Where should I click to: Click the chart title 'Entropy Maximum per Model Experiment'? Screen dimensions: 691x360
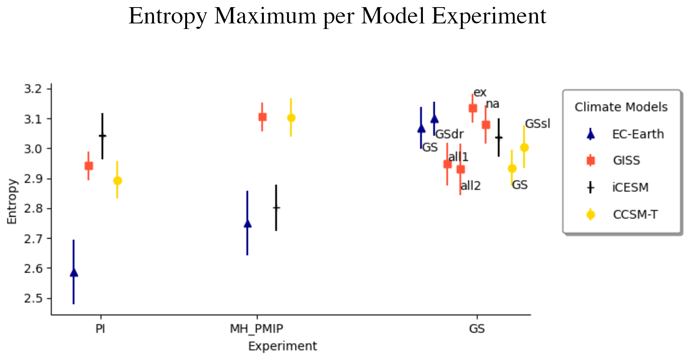pos(338,17)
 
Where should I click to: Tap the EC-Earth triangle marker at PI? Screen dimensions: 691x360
pos(74,272)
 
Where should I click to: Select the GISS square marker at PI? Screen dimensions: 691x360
pos(88,166)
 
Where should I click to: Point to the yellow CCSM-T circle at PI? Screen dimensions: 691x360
pos(117,181)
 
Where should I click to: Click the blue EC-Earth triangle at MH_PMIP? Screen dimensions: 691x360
pos(248,223)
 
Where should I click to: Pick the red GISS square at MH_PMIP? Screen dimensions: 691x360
pos(262,117)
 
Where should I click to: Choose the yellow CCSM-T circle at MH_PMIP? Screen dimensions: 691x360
pos(291,118)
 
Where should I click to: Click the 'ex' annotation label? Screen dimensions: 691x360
pos(480,92)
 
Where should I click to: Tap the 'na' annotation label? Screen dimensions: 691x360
pos(493,104)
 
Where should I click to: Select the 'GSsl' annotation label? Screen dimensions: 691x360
pos(537,124)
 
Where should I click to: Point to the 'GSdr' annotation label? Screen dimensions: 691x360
pos(449,134)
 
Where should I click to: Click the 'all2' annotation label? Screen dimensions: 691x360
pos(470,185)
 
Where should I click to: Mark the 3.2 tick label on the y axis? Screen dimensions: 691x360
pos(33,89)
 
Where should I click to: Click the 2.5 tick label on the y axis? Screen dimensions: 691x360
pos(33,298)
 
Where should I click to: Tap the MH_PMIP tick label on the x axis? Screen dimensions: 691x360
pos(257,329)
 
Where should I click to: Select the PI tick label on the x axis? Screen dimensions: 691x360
pos(100,329)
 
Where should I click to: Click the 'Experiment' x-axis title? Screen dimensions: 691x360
pos(282,347)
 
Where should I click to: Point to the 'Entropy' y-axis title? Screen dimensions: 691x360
pos(12,202)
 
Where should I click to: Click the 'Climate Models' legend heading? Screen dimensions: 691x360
pos(621,107)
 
